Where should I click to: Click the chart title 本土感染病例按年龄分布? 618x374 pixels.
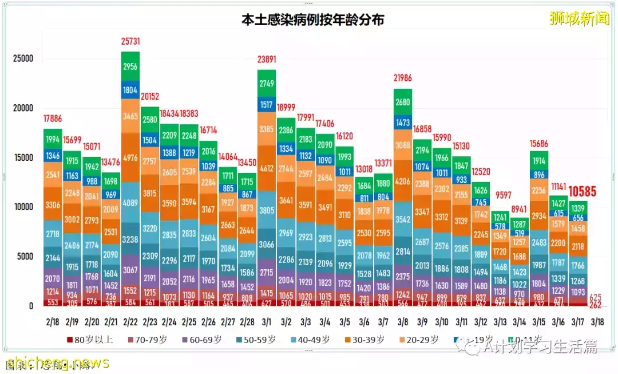pyautogui.click(x=312, y=19)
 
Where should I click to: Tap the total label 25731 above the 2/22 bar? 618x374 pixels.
pyautogui.click(x=130, y=42)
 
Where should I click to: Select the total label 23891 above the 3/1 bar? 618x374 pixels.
pyautogui.click(x=267, y=59)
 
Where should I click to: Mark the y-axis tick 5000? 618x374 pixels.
pyautogui.click(x=25, y=257)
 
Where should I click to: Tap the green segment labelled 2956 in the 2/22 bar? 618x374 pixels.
pyautogui.click(x=130, y=66)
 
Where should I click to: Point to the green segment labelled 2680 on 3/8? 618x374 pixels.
pyautogui.click(x=403, y=103)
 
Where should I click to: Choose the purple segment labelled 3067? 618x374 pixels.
pyautogui.click(x=130, y=270)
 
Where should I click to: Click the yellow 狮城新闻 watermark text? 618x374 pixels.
pyautogui.click(x=579, y=19)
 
